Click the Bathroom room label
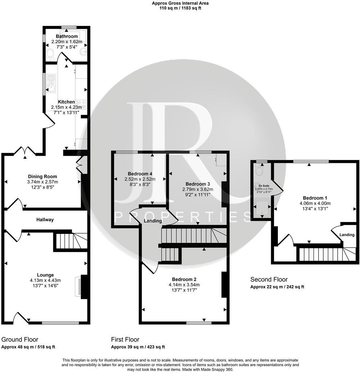pyautogui.click(x=67, y=36)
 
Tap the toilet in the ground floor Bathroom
pyautogui.click(x=50, y=54)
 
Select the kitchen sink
pyautogui.click(x=51, y=83)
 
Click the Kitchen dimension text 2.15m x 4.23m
pyautogui.click(x=67, y=107)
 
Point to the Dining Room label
pyautogui.click(x=43, y=176)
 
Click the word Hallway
pyautogui.click(x=45, y=220)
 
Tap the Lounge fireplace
pyautogui.click(x=78, y=287)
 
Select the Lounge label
pyautogui.click(x=45, y=275)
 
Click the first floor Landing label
pyautogui.click(x=153, y=221)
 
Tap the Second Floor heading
pyautogui.click(x=269, y=279)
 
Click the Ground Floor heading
pyautogui.click(x=20, y=340)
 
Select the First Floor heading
pyautogui.click(x=125, y=340)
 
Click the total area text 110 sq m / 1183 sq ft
pyautogui.click(x=180, y=8)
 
